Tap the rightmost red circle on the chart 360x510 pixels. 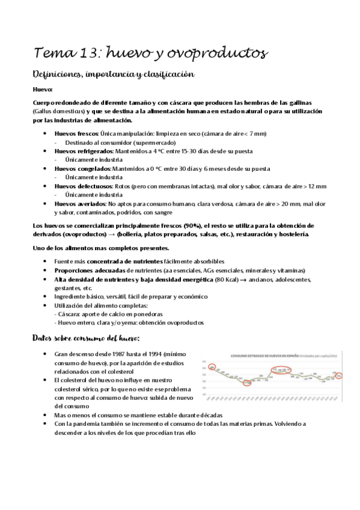pos(339,376)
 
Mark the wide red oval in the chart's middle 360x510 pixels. pos(281,370)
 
